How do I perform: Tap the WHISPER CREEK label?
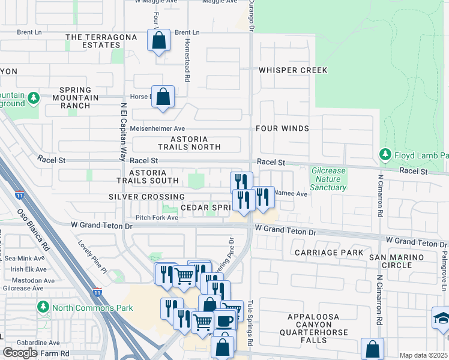tap(293, 70)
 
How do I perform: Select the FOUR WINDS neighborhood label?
tap(282, 128)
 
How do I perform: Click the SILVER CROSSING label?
tap(146, 197)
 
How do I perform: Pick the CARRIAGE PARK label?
tap(329, 253)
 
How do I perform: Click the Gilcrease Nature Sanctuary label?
tap(328, 179)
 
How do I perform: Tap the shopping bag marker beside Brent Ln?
tap(158, 41)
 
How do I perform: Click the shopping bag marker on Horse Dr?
tap(163, 97)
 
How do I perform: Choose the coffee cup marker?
tap(224, 320)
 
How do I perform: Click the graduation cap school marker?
tap(441, 319)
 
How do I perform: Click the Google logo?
tap(20, 353)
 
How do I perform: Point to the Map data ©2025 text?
tap(423, 355)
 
